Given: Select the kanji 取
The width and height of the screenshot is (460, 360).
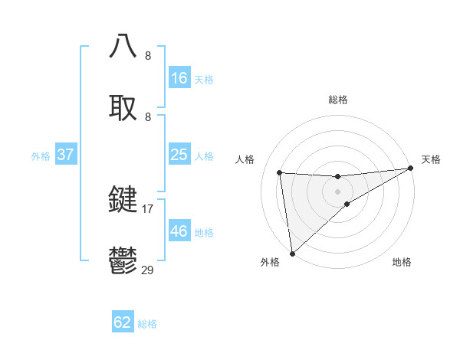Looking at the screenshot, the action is click(x=123, y=107).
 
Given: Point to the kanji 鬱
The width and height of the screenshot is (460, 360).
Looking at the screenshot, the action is click(x=123, y=261).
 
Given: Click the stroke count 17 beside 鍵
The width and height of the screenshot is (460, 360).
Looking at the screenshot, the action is click(x=148, y=208).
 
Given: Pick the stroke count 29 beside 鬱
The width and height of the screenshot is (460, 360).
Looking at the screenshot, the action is click(x=148, y=270).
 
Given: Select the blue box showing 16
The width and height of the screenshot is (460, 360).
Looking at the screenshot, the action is click(x=179, y=78).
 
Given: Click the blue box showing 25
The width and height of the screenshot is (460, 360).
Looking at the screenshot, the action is click(x=179, y=155).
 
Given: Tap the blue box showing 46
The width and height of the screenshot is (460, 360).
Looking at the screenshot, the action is click(x=179, y=231).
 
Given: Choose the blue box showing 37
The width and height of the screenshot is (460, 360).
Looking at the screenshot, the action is click(x=66, y=155).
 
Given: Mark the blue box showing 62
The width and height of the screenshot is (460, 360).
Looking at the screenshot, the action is click(x=123, y=322).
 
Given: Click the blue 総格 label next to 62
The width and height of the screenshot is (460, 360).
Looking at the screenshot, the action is click(x=147, y=324).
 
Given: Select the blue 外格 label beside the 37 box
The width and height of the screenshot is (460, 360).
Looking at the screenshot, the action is click(x=41, y=155).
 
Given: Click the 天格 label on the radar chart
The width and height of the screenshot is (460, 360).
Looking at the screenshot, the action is click(x=431, y=159).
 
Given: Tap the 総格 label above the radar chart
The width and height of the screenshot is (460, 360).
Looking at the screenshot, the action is click(x=338, y=100).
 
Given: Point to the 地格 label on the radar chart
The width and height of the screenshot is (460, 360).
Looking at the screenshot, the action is click(x=402, y=262).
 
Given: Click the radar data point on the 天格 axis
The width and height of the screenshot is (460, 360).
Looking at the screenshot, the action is click(x=410, y=169).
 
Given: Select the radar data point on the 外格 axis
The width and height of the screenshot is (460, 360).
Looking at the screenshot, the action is click(x=292, y=253).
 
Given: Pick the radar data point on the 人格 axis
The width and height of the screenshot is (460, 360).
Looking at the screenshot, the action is click(x=280, y=172).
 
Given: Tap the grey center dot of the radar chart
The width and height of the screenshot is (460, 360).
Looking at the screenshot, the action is click(x=338, y=191).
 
